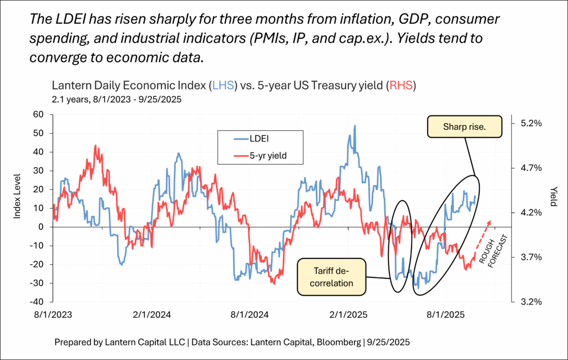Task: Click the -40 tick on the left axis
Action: pyautogui.click(x=37, y=302)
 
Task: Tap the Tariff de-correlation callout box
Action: pyautogui.click(x=332, y=276)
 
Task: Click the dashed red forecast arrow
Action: pyautogui.click(x=483, y=231)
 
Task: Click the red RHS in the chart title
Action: pyautogui.click(x=401, y=86)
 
